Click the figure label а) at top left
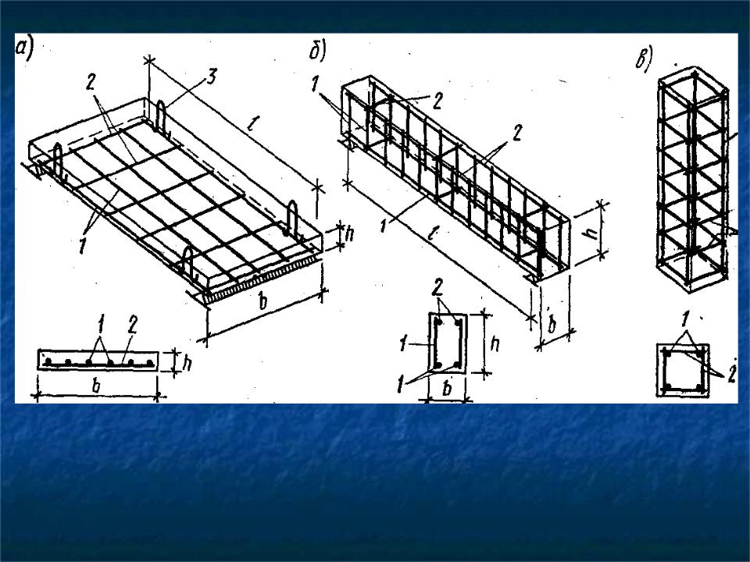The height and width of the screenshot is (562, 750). (x=24, y=50)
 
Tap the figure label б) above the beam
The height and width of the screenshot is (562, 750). (x=317, y=52)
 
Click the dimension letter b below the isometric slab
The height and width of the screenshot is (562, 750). (x=262, y=302)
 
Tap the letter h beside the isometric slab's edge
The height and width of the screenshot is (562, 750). (x=350, y=234)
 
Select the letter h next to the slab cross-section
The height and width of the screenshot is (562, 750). (x=187, y=363)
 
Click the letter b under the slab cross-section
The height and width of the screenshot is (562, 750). (x=97, y=386)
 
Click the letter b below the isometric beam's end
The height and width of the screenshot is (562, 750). (x=552, y=324)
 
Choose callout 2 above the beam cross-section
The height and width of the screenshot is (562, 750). (x=437, y=288)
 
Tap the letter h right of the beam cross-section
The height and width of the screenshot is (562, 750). (x=495, y=343)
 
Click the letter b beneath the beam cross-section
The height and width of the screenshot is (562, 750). (x=447, y=389)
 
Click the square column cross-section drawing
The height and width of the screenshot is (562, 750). (x=683, y=369)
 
